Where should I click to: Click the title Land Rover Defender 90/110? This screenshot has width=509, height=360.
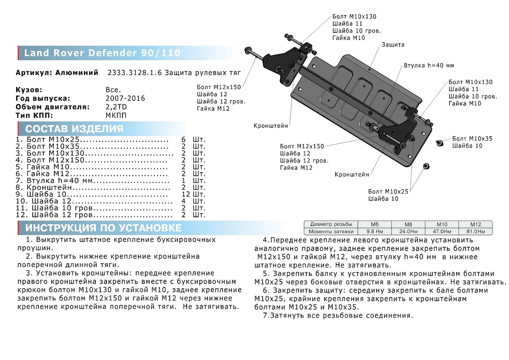(x=102, y=53)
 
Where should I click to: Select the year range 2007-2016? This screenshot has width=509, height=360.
(x=125, y=98)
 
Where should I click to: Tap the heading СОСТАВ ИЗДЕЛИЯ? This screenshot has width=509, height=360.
(x=74, y=129)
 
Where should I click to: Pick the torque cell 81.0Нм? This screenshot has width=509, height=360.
(x=475, y=232)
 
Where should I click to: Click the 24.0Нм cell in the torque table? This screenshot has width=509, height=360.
(x=406, y=232)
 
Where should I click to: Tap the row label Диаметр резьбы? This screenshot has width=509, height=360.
(x=330, y=224)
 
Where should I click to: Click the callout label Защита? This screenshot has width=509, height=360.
(x=393, y=45)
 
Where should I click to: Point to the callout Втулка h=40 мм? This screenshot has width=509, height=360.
(x=428, y=66)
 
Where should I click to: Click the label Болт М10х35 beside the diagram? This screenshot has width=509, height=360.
(x=472, y=138)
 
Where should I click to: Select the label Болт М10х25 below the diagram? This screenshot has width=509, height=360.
(x=388, y=191)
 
